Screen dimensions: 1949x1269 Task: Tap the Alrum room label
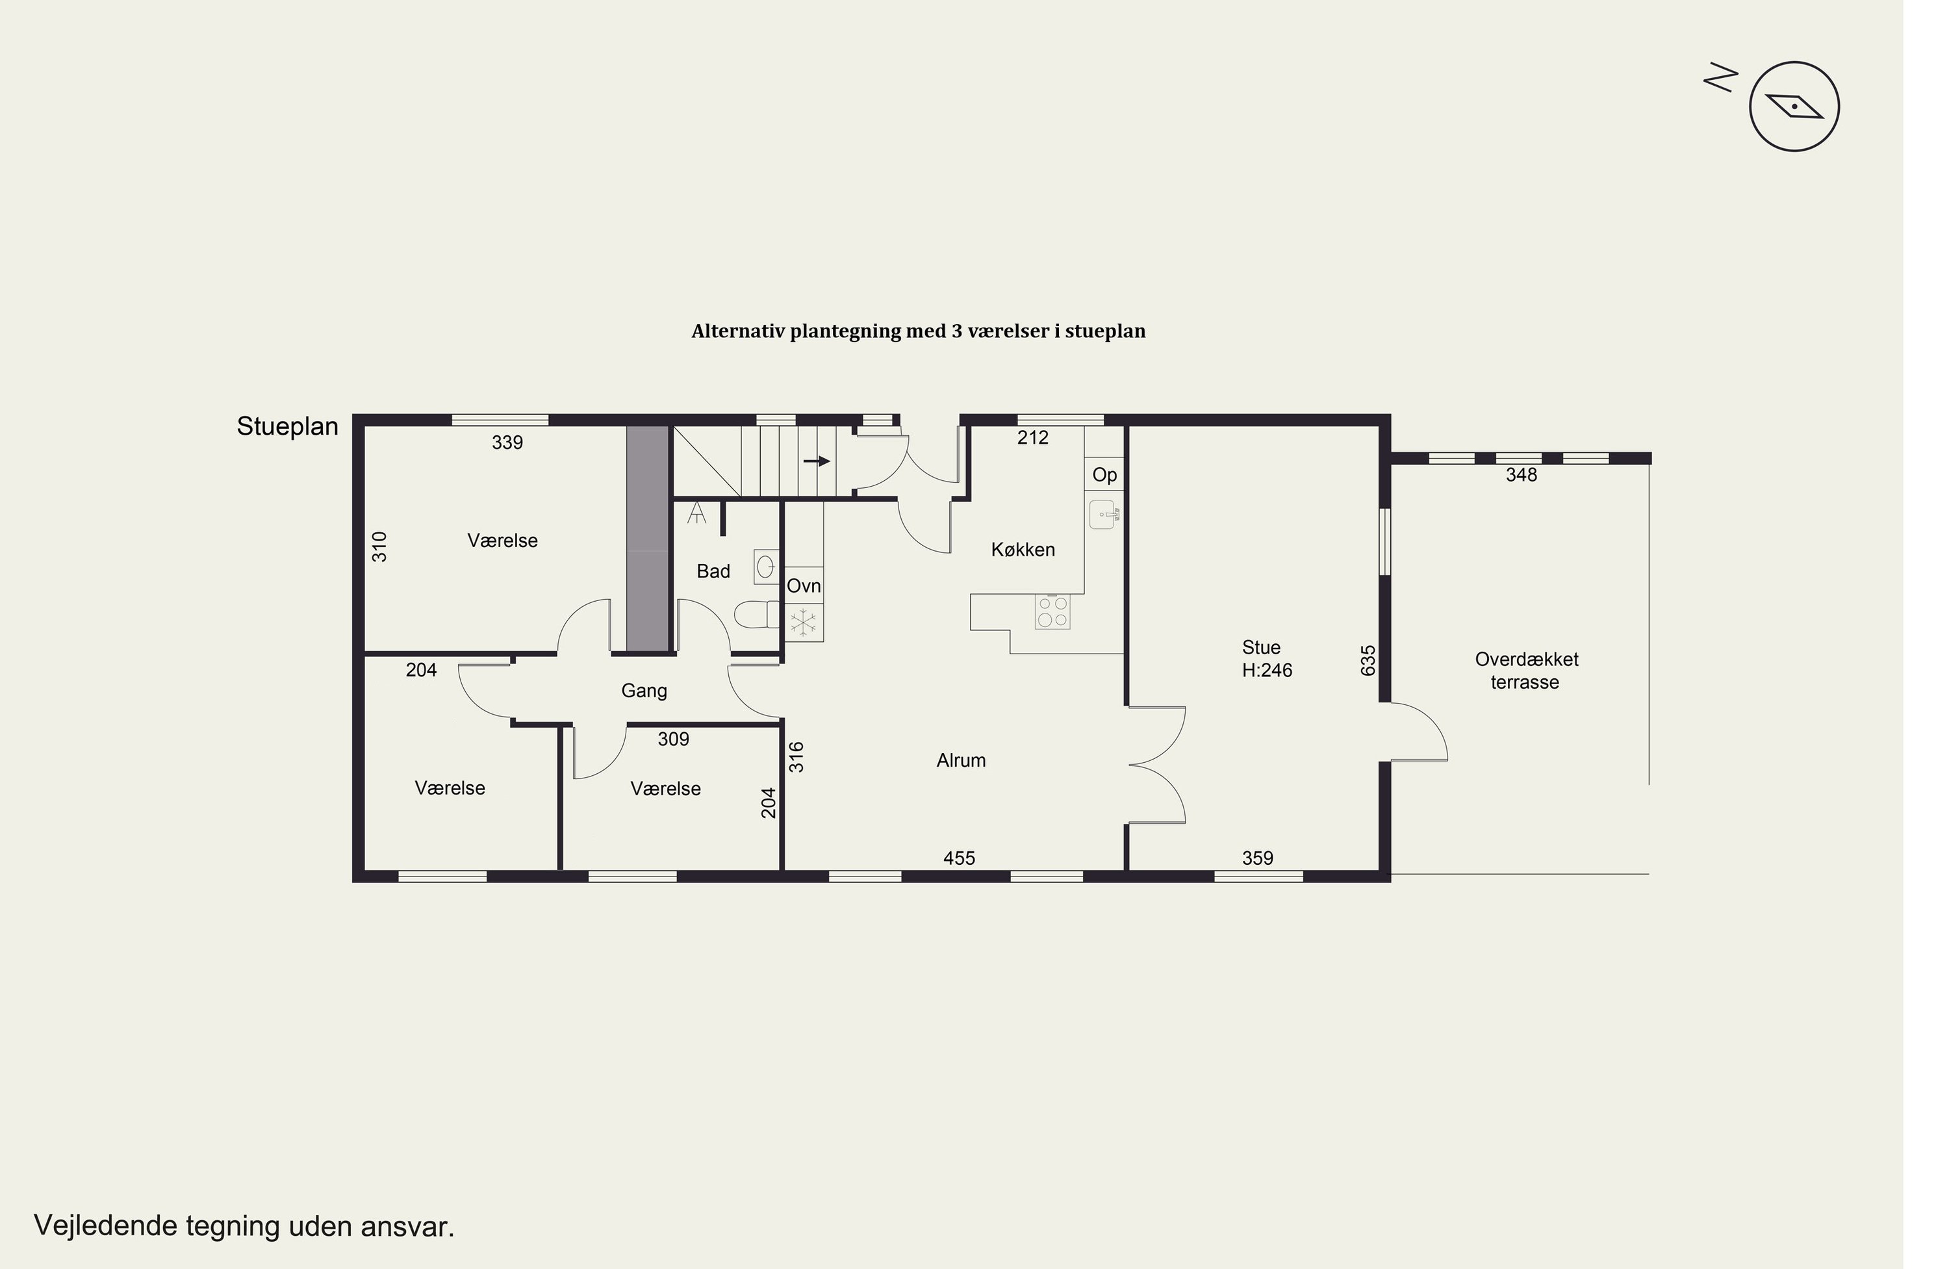point(961,760)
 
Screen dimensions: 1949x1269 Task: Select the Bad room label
point(713,572)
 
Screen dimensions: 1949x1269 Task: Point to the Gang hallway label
point(644,691)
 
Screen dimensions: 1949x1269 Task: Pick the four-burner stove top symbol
point(1052,612)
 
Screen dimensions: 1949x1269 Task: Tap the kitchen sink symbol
point(1104,515)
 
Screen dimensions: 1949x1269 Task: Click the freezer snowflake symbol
point(804,622)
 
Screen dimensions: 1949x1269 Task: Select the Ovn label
point(804,585)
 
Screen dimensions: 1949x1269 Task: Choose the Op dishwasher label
point(1104,474)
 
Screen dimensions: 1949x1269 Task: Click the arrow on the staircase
point(817,461)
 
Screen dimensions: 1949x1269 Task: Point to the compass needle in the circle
point(1794,107)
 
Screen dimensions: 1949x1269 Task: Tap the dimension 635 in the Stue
point(1368,660)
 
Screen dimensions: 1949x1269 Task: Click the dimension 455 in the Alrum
point(959,858)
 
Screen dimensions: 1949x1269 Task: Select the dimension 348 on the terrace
point(1522,475)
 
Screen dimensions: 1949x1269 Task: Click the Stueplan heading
point(287,427)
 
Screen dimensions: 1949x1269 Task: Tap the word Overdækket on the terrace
point(1527,660)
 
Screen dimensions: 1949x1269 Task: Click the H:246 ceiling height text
point(1267,670)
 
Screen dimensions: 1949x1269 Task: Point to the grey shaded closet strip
point(648,538)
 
